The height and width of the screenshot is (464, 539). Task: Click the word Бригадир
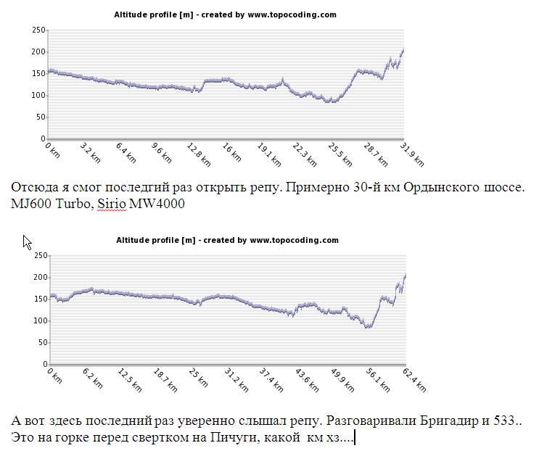[x=416, y=421]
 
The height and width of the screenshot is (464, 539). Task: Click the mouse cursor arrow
[x=26, y=241]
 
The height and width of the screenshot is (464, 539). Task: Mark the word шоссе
[x=502, y=188]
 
